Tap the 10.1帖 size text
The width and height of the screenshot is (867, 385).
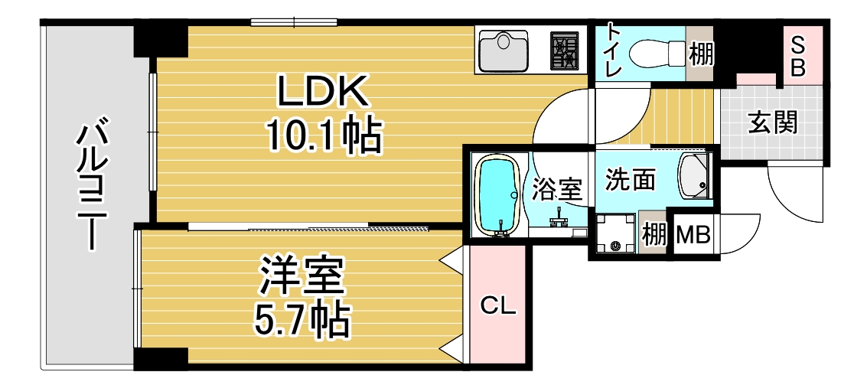click(323, 137)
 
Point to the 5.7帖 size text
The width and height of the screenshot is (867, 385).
click(301, 321)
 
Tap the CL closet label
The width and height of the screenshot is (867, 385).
click(499, 306)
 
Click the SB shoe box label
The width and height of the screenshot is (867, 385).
click(798, 55)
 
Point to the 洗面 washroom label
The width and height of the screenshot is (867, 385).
click(630, 181)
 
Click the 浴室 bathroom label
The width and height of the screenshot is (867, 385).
click(557, 189)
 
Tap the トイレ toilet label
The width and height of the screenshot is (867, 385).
click(614, 51)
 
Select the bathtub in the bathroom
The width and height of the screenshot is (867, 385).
click(499, 194)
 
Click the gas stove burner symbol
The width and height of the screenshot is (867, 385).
click(567, 51)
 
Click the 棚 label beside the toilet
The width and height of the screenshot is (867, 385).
click(700, 54)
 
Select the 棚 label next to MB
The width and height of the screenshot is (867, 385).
click(654, 234)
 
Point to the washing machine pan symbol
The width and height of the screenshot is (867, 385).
click(616, 233)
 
